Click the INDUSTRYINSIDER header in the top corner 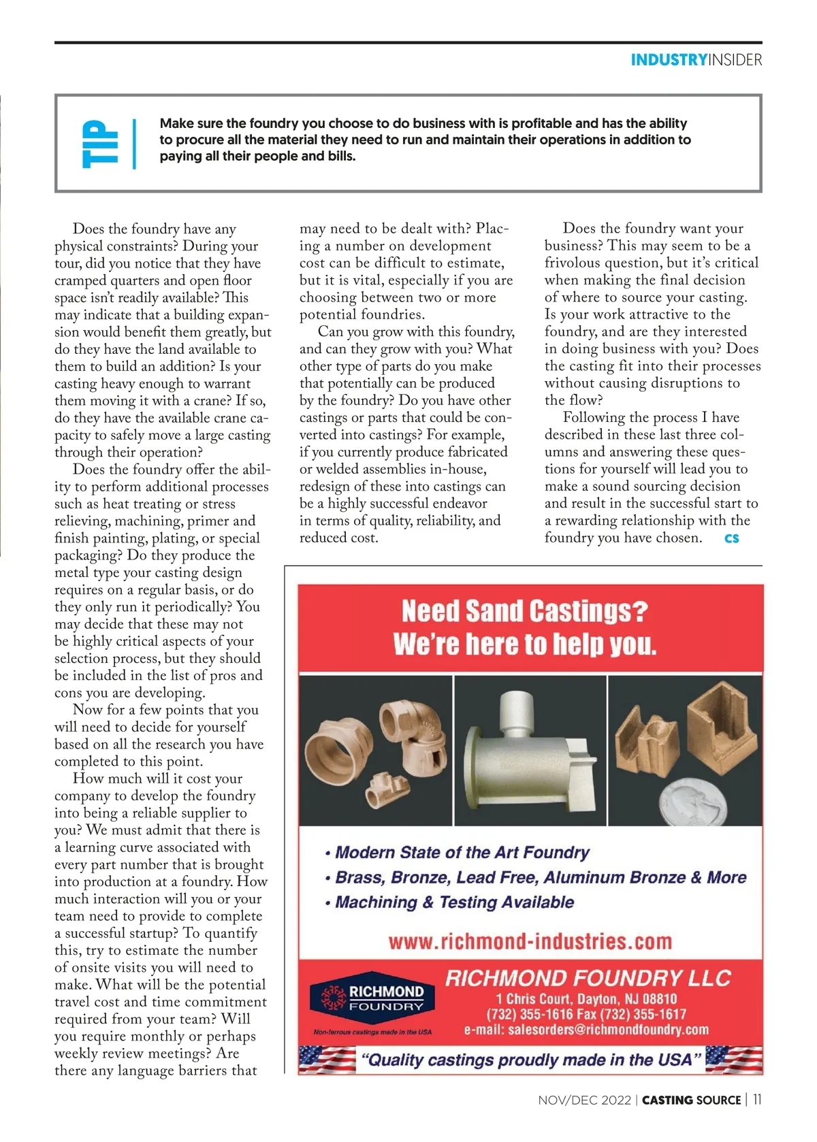[x=696, y=60]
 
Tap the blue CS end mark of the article [x=732, y=538]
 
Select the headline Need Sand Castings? [x=524, y=610]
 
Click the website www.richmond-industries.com [x=530, y=942]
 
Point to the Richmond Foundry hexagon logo [x=372, y=998]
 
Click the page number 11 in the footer [x=757, y=1100]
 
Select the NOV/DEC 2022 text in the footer [x=584, y=1100]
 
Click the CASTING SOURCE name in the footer [x=691, y=1100]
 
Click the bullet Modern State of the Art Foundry [x=462, y=853]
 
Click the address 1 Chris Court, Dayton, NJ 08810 [x=586, y=999]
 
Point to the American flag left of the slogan [x=328, y=1060]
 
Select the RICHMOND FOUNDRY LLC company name [x=588, y=979]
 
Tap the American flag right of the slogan [x=733, y=1060]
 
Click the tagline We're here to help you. [x=524, y=644]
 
